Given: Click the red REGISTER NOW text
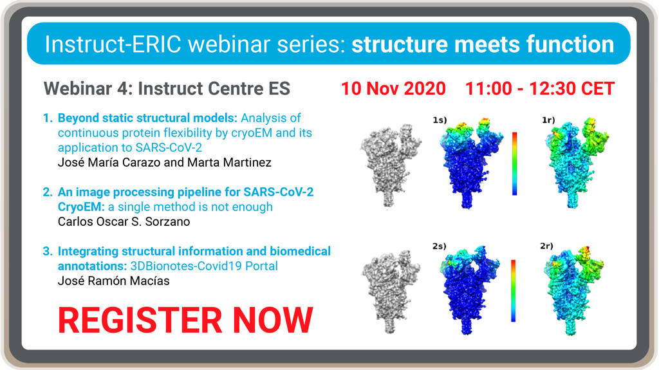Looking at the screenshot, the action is [x=185, y=320].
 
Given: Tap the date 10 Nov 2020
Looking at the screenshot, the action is [x=393, y=89].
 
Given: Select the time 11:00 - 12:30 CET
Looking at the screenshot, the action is [x=540, y=89].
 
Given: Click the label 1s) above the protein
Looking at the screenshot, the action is [x=440, y=120].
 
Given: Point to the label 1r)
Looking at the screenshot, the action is [x=548, y=120].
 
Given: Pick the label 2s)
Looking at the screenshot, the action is [x=439, y=246].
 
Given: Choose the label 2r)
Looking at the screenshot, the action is [x=547, y=246].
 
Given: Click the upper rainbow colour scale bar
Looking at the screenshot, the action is [x=514, y=163].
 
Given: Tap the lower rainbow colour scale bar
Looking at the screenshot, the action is [x=513, y=291].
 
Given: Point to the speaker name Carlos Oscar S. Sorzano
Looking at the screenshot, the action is [x=124, y=221].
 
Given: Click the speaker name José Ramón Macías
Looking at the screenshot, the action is [x=113, y=281].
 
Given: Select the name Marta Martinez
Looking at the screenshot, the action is [x=230, y=162].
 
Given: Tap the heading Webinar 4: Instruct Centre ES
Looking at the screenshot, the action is [x=167, y=89].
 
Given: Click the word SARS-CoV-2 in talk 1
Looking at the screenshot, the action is [x=167, y=147].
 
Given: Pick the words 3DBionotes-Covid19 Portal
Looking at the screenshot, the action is [x=204, y=266].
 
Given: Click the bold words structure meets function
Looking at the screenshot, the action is [x=483, y=44].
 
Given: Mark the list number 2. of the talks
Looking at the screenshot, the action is [x=48, y=192].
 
